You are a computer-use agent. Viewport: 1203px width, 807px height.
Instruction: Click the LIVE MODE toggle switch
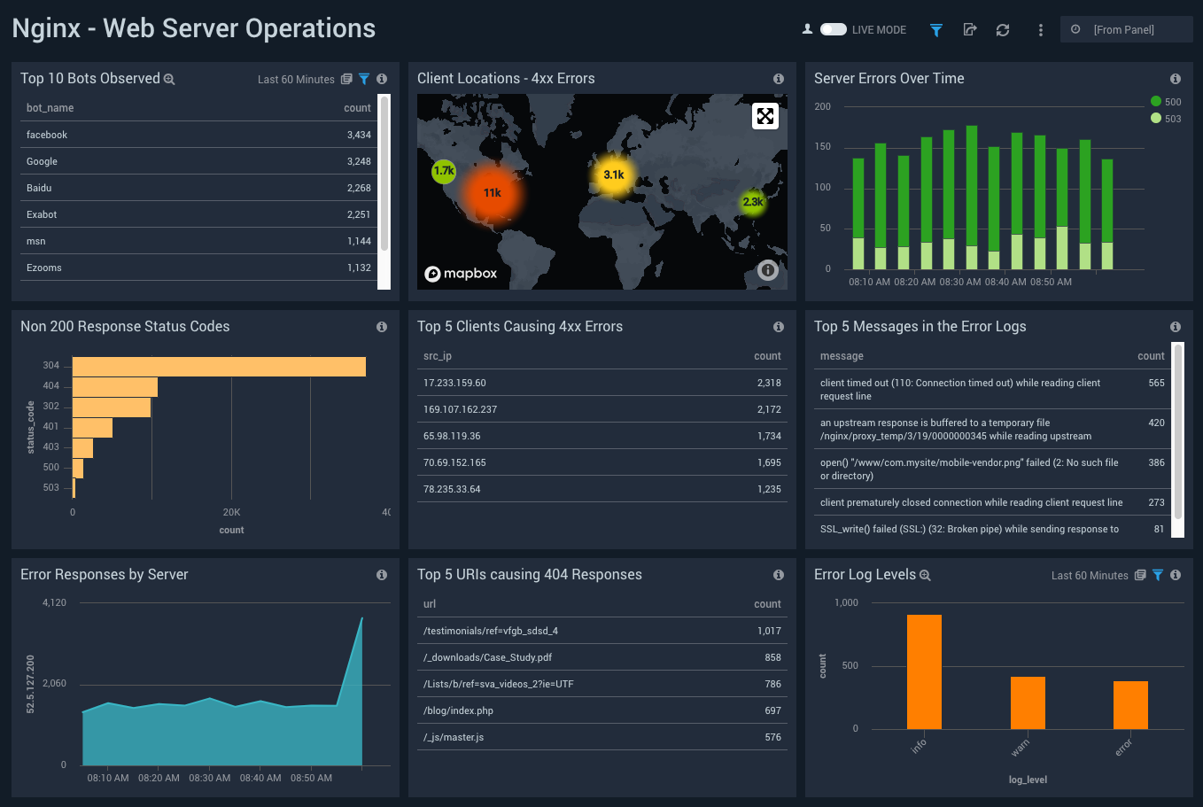(x=833, y=29)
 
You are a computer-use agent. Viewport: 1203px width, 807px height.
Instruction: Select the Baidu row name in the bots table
(x=39, y=188)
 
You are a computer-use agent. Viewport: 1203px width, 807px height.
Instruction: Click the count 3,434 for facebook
(x=359, y=135)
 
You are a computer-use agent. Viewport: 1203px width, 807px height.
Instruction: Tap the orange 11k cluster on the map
(x=493, y=193)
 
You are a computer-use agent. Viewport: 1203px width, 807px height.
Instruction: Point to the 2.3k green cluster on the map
(x=753, y=202)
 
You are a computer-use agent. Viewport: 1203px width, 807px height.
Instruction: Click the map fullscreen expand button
(x=765, y=115)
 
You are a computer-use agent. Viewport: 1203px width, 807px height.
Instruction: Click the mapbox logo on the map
(x=461, y=274)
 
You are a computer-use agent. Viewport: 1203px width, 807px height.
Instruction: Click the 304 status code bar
(x=219, y=366)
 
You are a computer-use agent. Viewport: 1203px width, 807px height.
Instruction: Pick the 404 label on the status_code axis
(x=51, y=386)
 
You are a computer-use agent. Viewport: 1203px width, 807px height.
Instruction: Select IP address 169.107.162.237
(x=460, y=409)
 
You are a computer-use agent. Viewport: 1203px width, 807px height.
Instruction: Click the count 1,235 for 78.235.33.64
(x=769, y=489)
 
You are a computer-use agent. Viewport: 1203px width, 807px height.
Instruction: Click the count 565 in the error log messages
(x=1156, y=383)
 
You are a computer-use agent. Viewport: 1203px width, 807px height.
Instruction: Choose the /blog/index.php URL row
(x=458, y=710)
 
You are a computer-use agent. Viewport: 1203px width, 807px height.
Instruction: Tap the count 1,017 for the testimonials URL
(x=769, y=631)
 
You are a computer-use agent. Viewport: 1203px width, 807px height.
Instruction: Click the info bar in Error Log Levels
(x=924, y=671)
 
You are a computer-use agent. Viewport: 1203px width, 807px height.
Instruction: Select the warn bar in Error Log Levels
(x=1028, y=702)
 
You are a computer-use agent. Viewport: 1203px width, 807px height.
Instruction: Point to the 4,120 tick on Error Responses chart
(x=54, y=602)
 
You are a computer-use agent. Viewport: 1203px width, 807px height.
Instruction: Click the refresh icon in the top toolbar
(x=1002, y=30)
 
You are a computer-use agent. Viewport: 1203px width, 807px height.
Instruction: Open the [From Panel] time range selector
(x=1125, y=29)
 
